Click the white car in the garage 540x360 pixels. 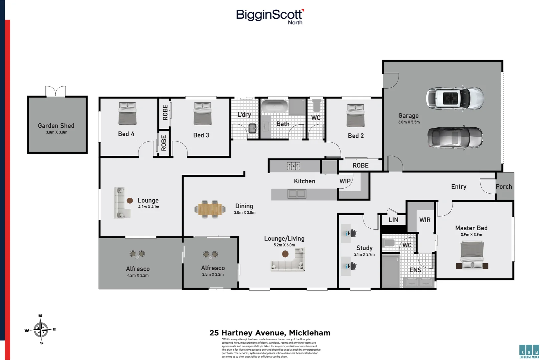[x=454, y=98]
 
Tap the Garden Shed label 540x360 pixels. [x=56, y=126]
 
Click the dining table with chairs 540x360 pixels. [x=210, y=209]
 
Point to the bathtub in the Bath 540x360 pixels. [x=274, y=106]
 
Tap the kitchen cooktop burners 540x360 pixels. [x=294, y=166]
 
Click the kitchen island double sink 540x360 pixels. [x=297, y=193]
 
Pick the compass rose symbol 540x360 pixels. [x=41, y=329]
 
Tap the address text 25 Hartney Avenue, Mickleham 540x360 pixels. [x=270, y=333]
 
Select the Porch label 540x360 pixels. [x=504, y=187]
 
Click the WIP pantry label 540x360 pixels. [x=345, y=181]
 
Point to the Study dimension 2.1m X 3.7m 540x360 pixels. [x=364, y=254]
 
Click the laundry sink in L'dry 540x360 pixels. [x=253, y=128]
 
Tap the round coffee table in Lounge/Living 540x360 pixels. [x=285, y=254]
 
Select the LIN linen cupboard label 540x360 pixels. [x=393, y=220]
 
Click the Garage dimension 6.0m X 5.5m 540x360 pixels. [x=409, y=122]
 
